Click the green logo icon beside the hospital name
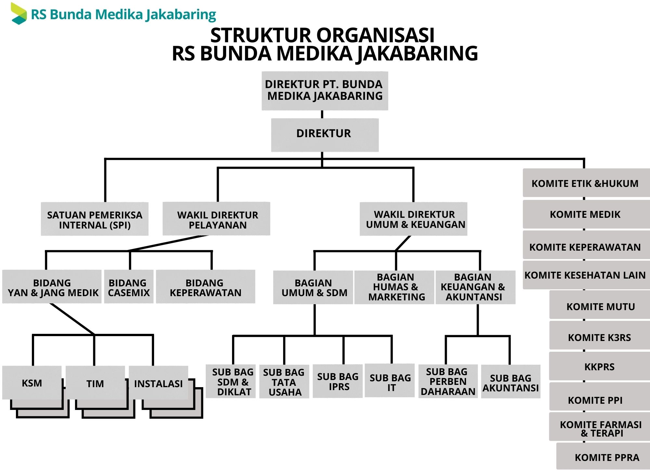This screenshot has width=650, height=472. click(x=18, y=14)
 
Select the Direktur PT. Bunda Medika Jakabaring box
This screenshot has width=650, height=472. click(x=325, y=91)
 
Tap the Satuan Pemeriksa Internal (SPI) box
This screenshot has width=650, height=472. click(x=95, y=219)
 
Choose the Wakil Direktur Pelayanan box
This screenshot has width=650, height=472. click(x=216, y=219)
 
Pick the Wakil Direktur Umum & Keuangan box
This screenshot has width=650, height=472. click(x=413, y=219)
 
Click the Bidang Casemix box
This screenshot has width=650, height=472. click(x=129, y=287)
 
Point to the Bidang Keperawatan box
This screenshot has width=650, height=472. click(x=205, y=287)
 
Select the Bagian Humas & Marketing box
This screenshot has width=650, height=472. click(x=394, y=287)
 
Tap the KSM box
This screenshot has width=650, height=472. click(x=32, y=383)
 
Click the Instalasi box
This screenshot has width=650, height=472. click(x=158, y=383)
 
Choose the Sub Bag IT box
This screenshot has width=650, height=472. click(x=390, y=381)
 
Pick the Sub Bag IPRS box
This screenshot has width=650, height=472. click(x=338, y=381)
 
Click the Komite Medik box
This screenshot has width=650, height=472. click(x=585, y=214)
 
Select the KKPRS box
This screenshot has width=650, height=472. click(x=599, y=366)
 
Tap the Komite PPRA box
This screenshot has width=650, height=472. click(x=606, y=457)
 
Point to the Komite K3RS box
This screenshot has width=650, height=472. click(x=599, y=337)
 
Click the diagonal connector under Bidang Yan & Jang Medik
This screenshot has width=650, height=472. click(x=72, y=319)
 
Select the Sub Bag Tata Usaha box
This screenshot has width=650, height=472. click(x=284, y=382)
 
